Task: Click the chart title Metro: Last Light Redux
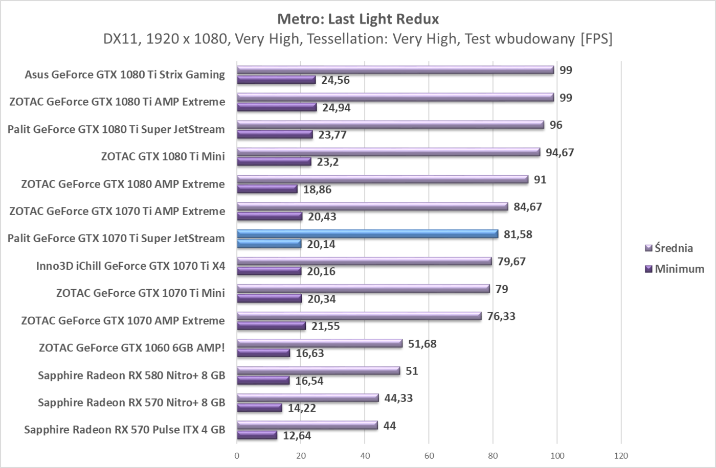coord(357,19)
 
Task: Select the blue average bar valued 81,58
coord(367,234)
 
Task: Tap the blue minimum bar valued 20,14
coord(269,244)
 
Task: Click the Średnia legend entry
coord(674,248)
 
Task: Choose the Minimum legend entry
coord(679,269)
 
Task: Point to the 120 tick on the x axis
coord(621,456)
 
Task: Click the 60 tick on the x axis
coord(429,456)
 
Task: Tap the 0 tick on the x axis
coord(237,456)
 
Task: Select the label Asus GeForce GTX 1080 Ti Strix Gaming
coord(125,75)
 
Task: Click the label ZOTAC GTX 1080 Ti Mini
coord(163,156)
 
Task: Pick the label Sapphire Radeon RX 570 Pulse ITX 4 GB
coord(125,430)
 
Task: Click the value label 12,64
coord(297,436)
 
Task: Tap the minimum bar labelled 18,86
coord(267,189)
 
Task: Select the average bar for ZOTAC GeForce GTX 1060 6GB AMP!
coord(320,343)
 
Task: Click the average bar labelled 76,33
coord(359,316)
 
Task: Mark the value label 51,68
coord(422,344)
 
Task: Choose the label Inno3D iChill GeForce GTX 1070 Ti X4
coord(130,266)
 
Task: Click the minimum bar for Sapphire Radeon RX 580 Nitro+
coord(263,381)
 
